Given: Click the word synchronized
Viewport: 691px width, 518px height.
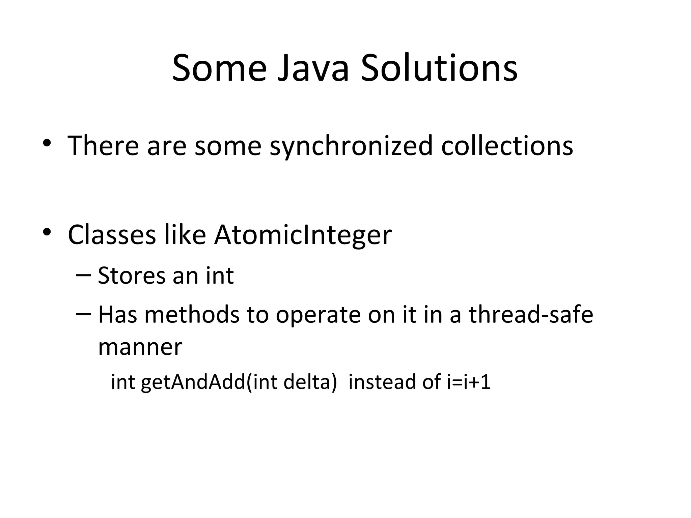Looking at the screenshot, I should tap(351, 146).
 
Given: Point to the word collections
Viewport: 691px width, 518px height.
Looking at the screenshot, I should tap(507, 146).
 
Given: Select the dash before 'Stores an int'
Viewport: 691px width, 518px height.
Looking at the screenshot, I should tap(83, 275).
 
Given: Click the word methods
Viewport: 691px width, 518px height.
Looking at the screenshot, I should tap(192, 314).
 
